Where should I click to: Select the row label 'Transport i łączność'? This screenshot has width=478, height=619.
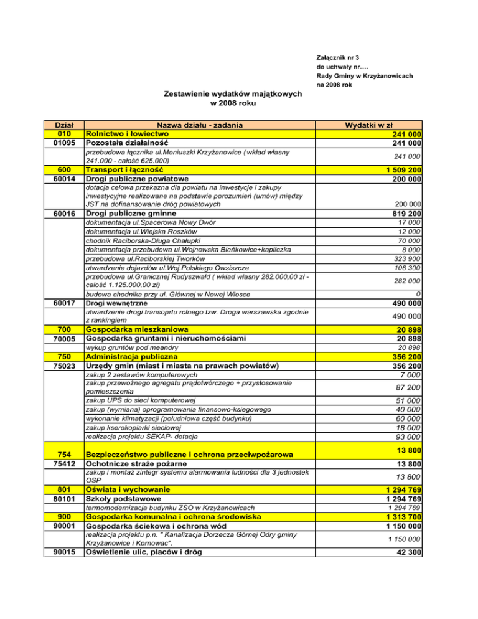coord(124,169)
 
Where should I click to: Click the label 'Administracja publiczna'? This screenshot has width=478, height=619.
coord(131,357)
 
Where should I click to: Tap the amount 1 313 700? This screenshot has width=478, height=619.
coord(400,517)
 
